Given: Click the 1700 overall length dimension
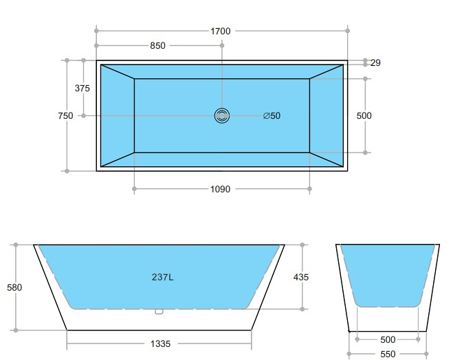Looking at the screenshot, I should click(221, 31).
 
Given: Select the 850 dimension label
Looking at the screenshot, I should click(157, 46).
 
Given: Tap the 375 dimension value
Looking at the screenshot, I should click(82, 88).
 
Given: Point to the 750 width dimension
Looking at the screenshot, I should click(65, 116).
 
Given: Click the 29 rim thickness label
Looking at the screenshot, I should click(375, 63).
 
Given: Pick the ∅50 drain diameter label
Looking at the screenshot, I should click(272, 116).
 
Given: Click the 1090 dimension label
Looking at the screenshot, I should click(220, 189).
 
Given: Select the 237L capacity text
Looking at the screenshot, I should click(162, 278).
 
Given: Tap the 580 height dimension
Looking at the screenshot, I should click(14, 287).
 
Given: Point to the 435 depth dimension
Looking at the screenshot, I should click(301, 278).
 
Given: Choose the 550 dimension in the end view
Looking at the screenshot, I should click(388, 355).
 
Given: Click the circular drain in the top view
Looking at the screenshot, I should click(222, 116).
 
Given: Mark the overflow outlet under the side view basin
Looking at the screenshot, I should click(159, 311).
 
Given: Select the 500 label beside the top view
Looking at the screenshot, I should click(364, 116).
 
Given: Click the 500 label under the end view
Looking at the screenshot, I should click(388, 339).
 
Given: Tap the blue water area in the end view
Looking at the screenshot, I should click(388, 271).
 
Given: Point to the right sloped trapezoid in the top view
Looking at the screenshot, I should click(326, 115).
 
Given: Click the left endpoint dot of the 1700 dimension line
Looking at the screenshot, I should click(97, 31).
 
